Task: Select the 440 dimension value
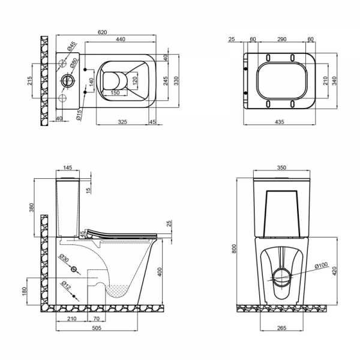pos(120,39)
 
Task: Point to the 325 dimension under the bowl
pos(122,122)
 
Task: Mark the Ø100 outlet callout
pos(322,265)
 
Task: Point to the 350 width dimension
pos(282,169)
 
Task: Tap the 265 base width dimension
pos(281,328)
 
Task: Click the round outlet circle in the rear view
pos(281,278)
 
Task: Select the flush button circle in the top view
pos(67,79)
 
